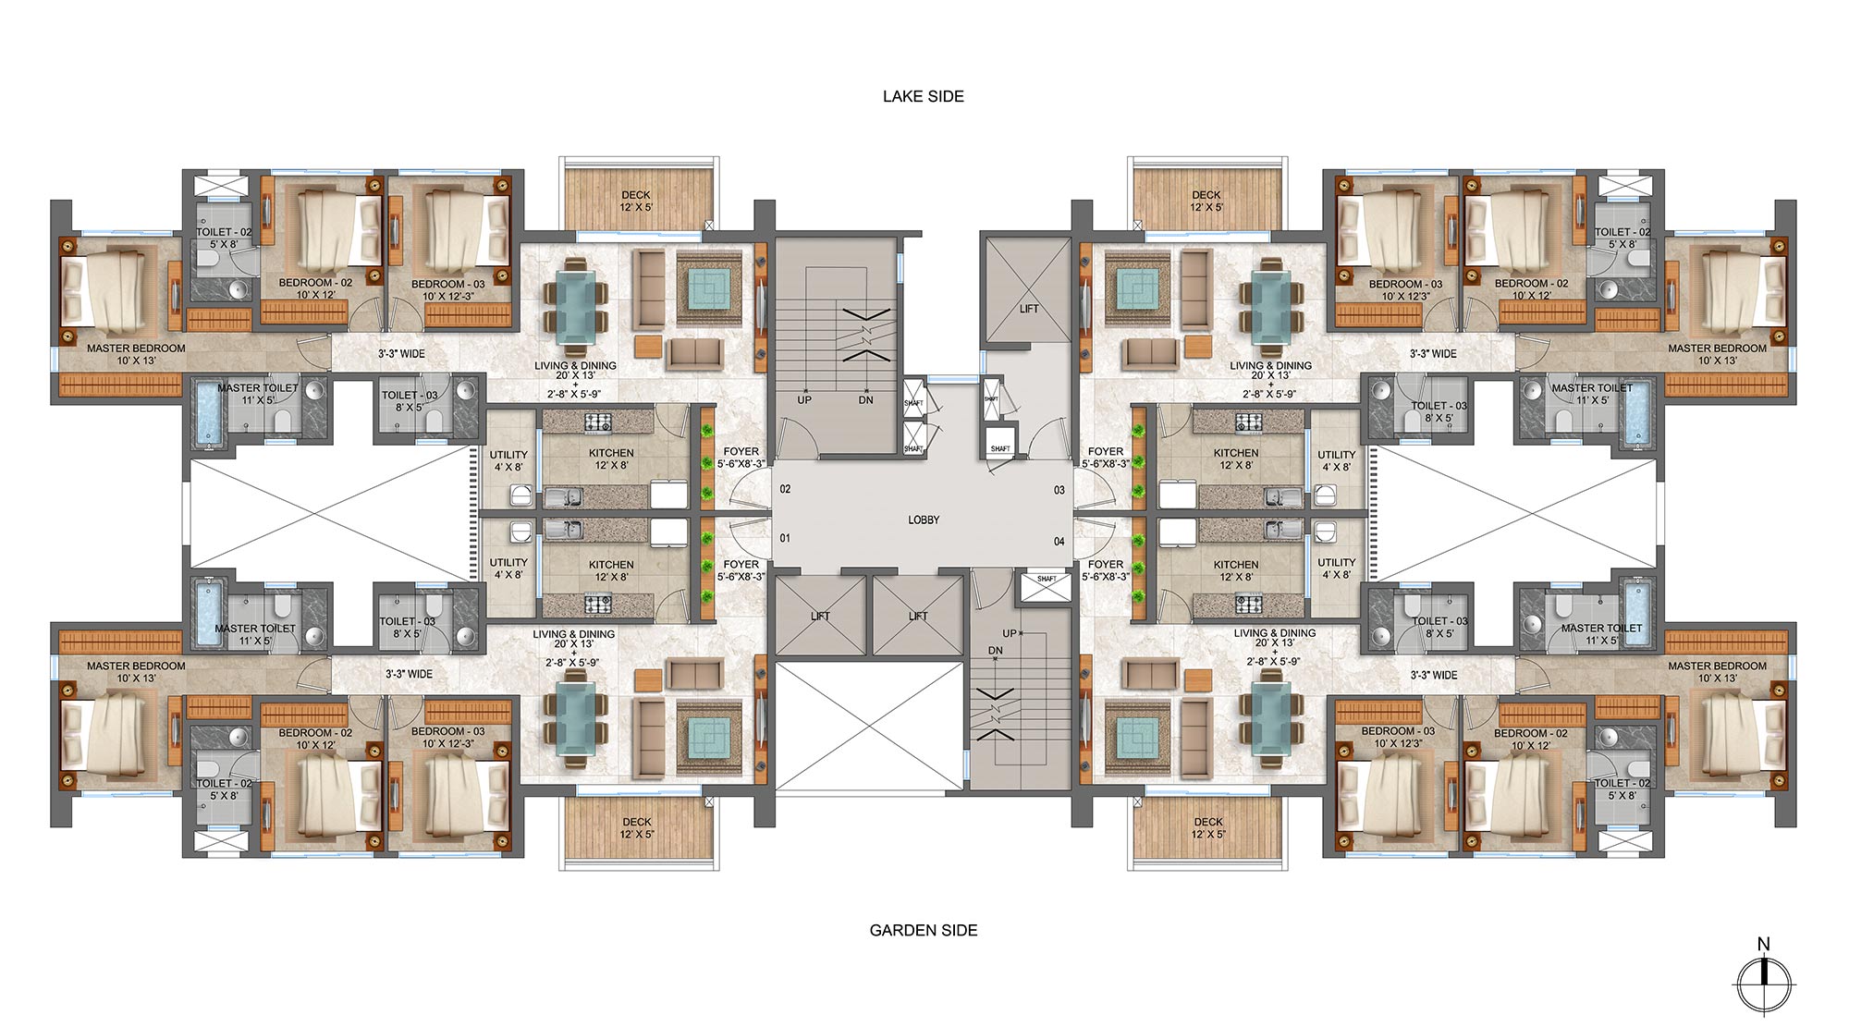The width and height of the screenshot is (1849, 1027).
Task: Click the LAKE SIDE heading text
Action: tap(923, 96)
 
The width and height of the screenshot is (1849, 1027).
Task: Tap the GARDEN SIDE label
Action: tap(923, 930)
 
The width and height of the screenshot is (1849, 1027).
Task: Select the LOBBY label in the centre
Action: tap(923, 520)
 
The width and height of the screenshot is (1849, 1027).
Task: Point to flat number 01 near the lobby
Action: tap(785, 538)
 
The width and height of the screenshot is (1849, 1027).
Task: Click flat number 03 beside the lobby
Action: tap(1059, 490)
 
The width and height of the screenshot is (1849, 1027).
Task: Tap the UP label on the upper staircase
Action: tap(804, 400)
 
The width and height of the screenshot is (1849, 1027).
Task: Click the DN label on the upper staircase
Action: tap(865, 400)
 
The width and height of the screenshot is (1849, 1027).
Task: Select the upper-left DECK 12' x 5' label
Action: tap(636, 201)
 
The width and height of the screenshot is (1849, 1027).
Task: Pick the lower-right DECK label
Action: tap(1207, 827)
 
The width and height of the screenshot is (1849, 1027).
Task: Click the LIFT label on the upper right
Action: tap(1029, 309)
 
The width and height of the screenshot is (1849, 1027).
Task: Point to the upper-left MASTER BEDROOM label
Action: tap(136, 354)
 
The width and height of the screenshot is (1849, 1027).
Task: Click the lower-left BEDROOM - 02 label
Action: tap(315, 739)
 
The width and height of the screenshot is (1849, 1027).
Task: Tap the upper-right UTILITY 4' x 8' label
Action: tap(1336, 460)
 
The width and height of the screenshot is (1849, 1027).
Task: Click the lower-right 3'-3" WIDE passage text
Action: tap(1433, 675)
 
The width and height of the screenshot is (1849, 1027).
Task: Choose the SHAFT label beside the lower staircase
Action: tap(1047, 580)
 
